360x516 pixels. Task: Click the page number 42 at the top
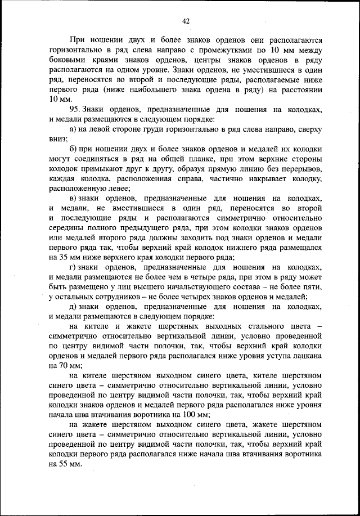(x=186, y=21)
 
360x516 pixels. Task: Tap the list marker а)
(x=73, y=129)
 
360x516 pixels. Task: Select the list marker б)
(x=73, y=149)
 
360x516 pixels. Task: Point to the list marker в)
(x=73, y=199)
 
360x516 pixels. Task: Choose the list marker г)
(x=73, y=267)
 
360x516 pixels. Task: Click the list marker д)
(x=73, y=307)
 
